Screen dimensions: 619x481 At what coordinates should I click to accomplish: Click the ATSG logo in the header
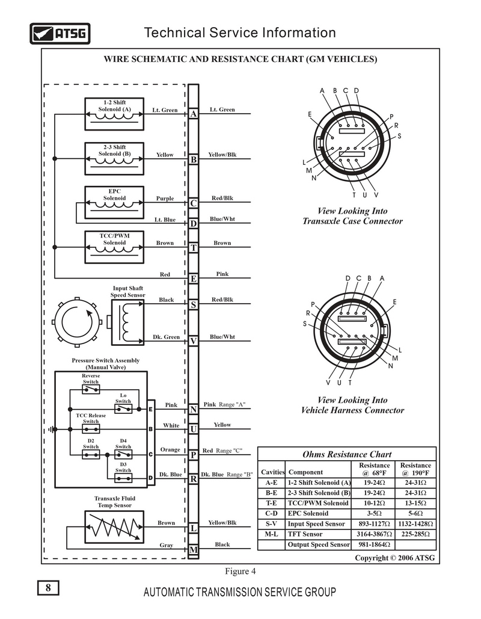point(60,34)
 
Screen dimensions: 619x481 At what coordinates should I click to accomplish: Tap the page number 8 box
point(48,588)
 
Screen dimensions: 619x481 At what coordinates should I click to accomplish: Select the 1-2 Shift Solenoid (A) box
point(114,112)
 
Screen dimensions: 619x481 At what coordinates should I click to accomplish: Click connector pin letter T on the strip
point(194,248)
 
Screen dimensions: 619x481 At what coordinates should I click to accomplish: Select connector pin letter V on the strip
point(194,341)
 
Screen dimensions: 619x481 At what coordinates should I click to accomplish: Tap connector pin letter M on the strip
point(194,550)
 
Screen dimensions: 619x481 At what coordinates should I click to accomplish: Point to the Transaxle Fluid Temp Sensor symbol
point(114,528)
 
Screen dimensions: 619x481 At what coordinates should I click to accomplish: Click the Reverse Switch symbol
point(91,390)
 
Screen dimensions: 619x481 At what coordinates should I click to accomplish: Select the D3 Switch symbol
point(123,478)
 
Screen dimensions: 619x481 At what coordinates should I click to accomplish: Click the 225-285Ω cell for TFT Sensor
point(415,534)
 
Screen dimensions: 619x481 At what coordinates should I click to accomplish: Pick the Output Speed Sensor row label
point(319,544)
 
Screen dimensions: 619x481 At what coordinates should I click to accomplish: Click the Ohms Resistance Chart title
point(346,454)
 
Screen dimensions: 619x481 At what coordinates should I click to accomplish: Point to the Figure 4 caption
point(240,571)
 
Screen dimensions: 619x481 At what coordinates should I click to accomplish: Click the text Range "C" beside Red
point(230,451)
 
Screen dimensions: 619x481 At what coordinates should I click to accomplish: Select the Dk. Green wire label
point(166,337)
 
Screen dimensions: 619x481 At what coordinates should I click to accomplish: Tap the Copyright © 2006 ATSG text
point(394,558)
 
